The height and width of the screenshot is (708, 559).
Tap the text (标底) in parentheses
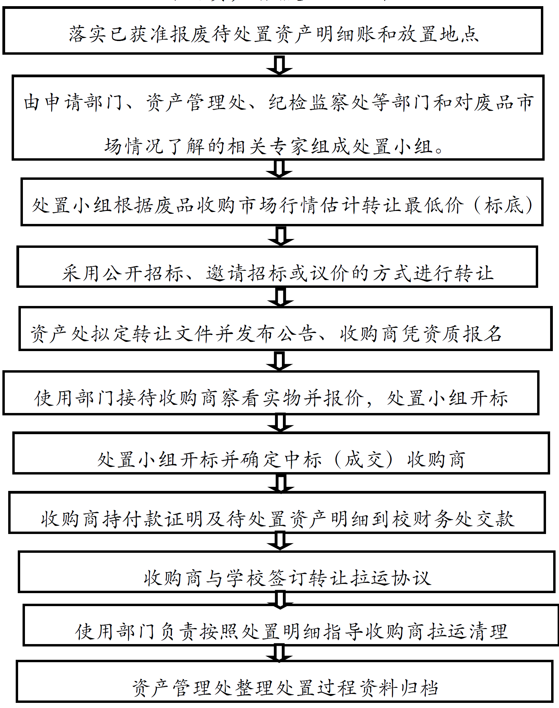pyautogui.click(x=504, y=205)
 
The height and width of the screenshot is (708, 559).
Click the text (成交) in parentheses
pyautogui.click(x=364, y=459)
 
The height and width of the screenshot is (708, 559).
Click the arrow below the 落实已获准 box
pyautogui.click(x=279, y=65)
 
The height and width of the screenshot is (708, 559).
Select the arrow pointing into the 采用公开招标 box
pyautogui.click(x=281, y=236)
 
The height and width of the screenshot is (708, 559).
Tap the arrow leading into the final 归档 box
pyautogui.click(x=279, y=653)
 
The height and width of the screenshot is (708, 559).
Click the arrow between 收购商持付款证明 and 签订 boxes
pyautogui.click(x=280, y=541)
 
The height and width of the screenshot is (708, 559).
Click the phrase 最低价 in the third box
pyautogui.click(x=434, y=205)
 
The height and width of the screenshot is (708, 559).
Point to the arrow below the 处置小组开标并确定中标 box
pyautogui.click(x=281, y=483)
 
